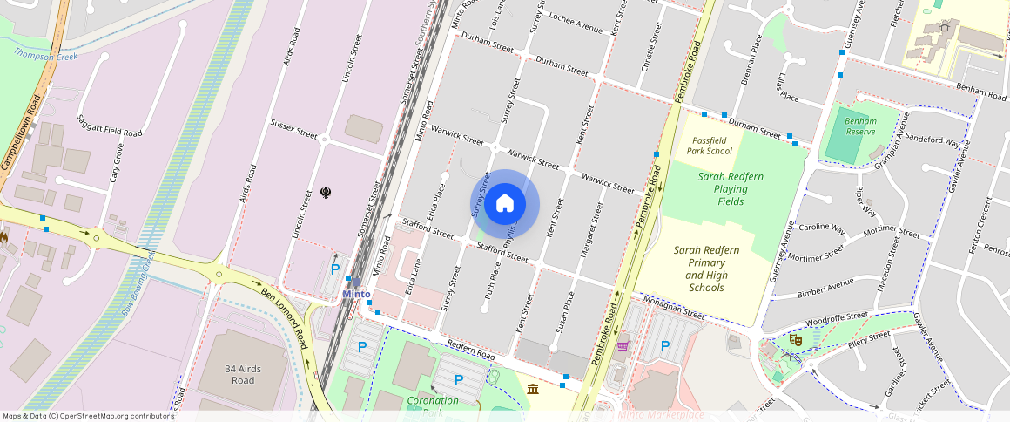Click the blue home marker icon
[x=505, y=205]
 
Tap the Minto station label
[x=356, y=294]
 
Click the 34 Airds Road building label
[x=243, y=375]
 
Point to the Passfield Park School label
[x=711, y=146]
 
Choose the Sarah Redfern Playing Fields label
[x=731, y=188]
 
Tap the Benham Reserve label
[x=860, y=126]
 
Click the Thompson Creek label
[x=45, y=57]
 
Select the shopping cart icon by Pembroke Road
[x=622, y=346]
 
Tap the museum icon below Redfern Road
[x=533, y=387]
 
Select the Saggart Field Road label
[x=110, y=126]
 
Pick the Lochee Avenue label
[x=576, y=24]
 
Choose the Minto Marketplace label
[x=661, y=414]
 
